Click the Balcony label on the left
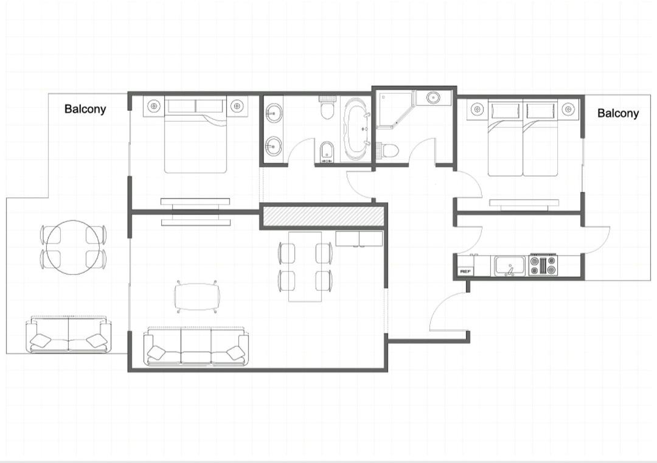[x=85, y=109]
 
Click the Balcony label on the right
[x=618, y=113]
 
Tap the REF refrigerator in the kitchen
[x=465, y=271]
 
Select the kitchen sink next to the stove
[x=510, y=266]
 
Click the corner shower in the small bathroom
[x=394, y=110]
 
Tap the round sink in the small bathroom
[x=433, y=98]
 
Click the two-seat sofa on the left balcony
[x=69, y=335]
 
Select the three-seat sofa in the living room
[x=196, y=346]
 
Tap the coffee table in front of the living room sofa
[x=197, y=297]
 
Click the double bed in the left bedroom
[x=195, y=134]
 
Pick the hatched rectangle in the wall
[x=322, y=215]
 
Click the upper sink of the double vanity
[x=274, y=113]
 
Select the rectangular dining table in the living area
[x=305, y=266]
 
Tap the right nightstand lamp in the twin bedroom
[x=568, y=110]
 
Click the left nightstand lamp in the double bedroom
[x=155, y=106]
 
